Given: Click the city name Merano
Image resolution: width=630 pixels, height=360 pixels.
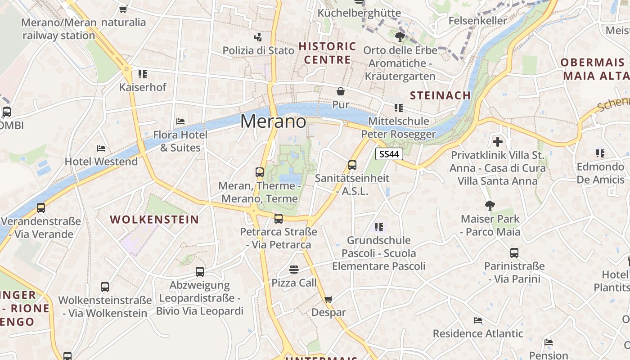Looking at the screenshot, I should [273, 121].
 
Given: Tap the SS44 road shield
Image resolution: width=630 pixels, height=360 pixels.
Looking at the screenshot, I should [389, 154].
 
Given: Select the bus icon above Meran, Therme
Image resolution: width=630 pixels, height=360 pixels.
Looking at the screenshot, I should [260, 172].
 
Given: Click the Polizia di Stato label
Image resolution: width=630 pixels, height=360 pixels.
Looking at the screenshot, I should [258, 50].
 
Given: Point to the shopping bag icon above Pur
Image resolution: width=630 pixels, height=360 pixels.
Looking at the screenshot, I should [341, 92].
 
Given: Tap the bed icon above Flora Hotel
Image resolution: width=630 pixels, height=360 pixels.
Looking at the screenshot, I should [180, 121].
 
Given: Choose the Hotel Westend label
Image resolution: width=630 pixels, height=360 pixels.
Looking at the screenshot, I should [101, 162].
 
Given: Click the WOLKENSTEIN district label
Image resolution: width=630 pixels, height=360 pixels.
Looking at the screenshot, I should [154, 220].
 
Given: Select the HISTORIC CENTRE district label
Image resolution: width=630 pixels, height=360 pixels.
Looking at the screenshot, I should [327, 53].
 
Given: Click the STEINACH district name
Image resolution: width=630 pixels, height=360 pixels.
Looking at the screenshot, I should [440, 95].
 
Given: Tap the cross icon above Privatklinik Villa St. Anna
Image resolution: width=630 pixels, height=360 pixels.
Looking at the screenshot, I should [497, 142].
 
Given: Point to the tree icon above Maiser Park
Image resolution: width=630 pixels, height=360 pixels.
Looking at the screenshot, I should [490, 206].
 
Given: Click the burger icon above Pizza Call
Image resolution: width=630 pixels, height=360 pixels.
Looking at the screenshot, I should [294, 270].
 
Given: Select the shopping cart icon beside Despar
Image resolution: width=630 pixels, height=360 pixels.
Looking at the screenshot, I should [328, 299].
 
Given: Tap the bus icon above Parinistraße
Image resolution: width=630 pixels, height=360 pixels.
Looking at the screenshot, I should [514, 253].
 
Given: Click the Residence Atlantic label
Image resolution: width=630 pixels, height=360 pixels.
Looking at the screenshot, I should [478, 333].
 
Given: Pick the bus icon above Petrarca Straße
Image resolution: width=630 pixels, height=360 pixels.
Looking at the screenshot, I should [279, 219].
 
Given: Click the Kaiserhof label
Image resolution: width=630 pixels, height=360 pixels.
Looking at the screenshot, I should [143, 87].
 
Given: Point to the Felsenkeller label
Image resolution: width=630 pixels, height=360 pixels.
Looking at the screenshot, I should [478, 21].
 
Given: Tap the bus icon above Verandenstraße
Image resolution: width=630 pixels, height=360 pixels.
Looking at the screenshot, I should [41, 208].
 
